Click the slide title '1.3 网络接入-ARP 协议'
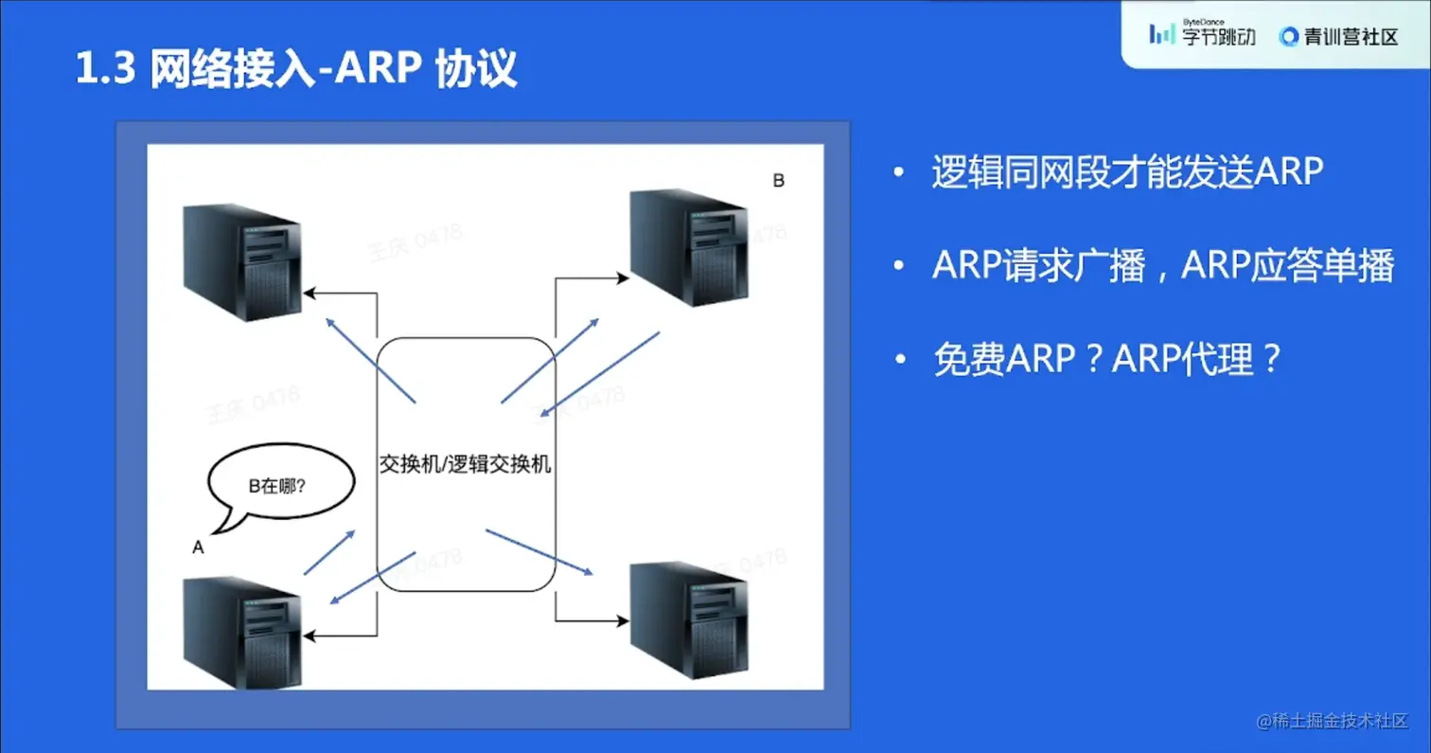click(296, 69)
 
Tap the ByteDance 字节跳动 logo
click(1202, 35)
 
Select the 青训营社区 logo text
click(1338, 36)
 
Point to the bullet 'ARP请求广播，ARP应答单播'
click(1162, 267)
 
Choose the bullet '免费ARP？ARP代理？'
click(1107, 360)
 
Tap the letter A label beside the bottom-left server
click(198, 547)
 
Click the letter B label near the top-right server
click(778, 181)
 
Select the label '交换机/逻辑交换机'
click(465, 466)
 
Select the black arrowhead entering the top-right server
click(621, 278)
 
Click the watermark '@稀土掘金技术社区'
click(1333, 720)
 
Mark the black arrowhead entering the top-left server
click(310, 296)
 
